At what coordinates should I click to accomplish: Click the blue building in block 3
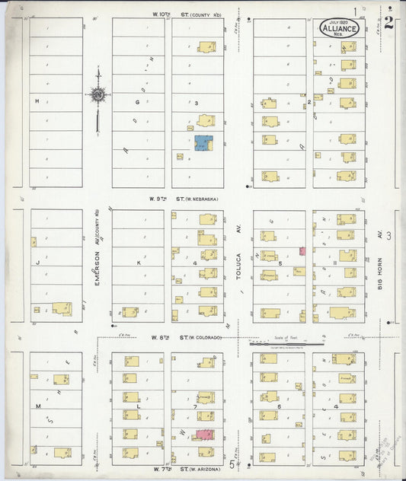(x=203, y=143)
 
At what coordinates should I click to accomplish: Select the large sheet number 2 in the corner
(x=388, y=21)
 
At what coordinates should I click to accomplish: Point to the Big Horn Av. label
(x=379, y=265)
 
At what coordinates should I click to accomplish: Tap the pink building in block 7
(x=203, y=434)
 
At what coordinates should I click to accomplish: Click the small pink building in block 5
(x=302, y=250)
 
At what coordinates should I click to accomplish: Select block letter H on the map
(x=35, y=100)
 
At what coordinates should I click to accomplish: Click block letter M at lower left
(x=37, y=406)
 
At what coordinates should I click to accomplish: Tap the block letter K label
(x=139, y=262)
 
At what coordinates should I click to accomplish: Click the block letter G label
(x=138, y=100)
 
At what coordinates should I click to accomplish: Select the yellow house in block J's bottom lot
(x=61, y=309)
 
